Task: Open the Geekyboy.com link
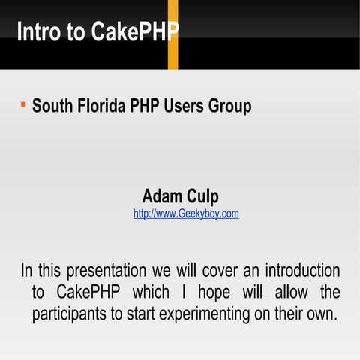[x=186, y=214]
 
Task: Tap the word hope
[x=205, y=292]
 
